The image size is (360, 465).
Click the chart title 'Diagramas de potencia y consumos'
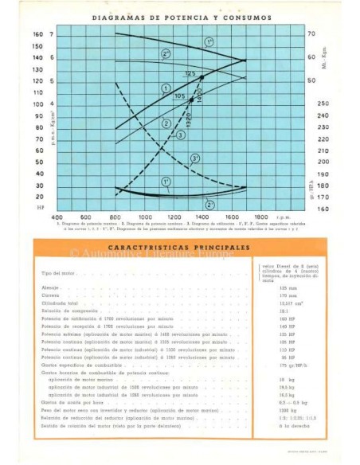pos(182,16)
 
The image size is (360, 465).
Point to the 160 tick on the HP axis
pos(37,34)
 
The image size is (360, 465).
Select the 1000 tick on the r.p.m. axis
pos(146,217)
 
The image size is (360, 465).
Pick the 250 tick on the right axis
pos(323,104)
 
